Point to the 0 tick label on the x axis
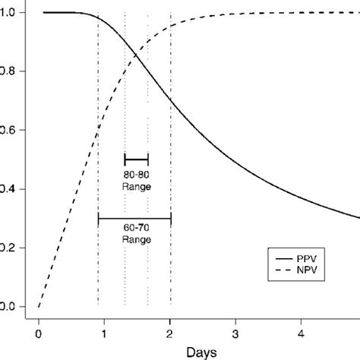(x=39, y=332)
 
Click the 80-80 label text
(x=137, y=175)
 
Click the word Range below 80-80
(x=137, y=185)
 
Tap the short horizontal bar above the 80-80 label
(x=137, y=159)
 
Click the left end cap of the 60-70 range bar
(x=99, y=219)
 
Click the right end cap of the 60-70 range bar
(x=171, y=219)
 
